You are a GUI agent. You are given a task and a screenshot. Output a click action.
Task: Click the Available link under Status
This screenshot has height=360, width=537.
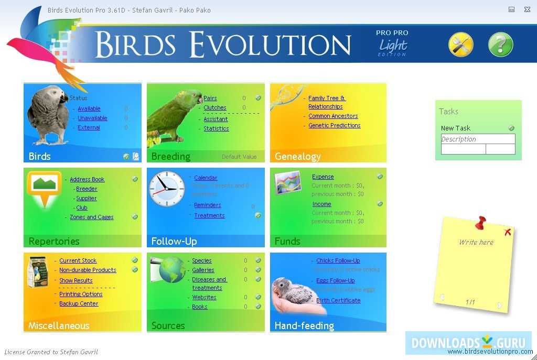(x=89, y=109)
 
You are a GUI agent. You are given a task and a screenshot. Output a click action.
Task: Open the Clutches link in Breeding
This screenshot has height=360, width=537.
(x=215, y=108)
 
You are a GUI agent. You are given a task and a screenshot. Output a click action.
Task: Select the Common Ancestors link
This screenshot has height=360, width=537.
(x=333, y=116)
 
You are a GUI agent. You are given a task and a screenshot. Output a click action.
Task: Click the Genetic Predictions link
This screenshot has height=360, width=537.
(x=334, y=126)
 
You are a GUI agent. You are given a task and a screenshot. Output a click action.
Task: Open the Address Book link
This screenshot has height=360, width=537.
(x=87, y=180)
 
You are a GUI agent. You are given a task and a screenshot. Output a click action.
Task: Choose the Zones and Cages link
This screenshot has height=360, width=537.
(x=92, y=217)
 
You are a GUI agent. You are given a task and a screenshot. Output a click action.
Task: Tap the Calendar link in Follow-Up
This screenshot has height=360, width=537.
(x=206, y=178)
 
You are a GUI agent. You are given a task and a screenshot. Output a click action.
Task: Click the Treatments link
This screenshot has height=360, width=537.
(x=209, y=216)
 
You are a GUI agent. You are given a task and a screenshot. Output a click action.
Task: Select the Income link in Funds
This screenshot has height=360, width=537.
(x=321, y=204)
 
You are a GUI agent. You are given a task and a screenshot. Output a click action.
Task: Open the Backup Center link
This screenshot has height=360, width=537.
(x=79, y=304)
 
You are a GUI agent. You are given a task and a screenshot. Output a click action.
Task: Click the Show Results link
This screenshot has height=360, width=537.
(x=76, y=281)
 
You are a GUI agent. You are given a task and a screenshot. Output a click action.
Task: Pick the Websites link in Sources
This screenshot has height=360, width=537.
(x=204, y=298)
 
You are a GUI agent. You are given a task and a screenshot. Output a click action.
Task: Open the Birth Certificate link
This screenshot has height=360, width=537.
(x=338, y=301)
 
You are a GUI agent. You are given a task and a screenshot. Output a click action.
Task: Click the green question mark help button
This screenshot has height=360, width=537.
(x=500, y=45)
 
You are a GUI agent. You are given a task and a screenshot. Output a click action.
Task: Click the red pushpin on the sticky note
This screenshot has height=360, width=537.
(x=480, y=223)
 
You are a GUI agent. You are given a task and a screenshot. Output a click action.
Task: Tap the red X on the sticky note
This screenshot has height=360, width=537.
(x=507, y=232)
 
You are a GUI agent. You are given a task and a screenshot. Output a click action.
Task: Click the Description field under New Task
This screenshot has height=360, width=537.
(x=478, y=139)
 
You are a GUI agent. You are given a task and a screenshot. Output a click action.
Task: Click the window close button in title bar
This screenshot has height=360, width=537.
(x=528, y=9)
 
